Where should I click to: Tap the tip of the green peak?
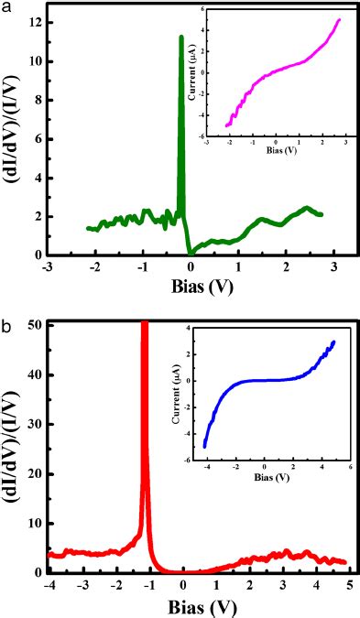click(180, 38)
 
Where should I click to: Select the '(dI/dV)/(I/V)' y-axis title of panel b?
click(13, 449)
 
